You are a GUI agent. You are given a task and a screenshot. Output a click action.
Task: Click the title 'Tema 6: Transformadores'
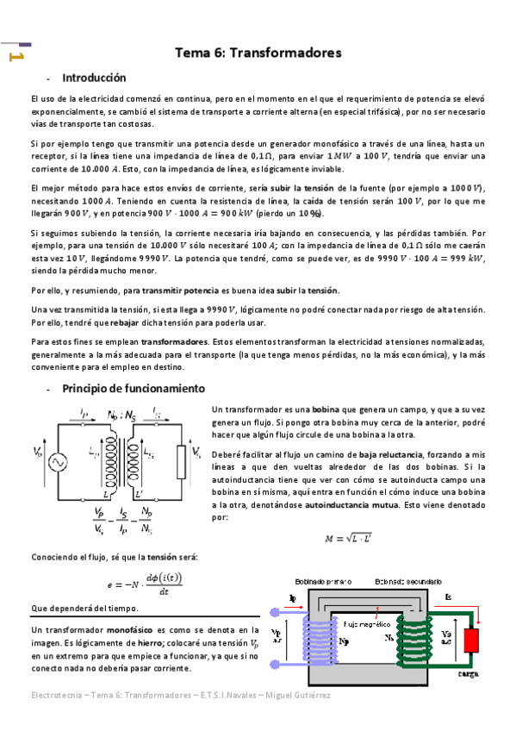[258, 53]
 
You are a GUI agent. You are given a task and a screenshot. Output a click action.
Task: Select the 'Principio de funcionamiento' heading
[133, 389]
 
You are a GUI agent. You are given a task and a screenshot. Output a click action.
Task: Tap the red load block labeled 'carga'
[471, 665]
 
